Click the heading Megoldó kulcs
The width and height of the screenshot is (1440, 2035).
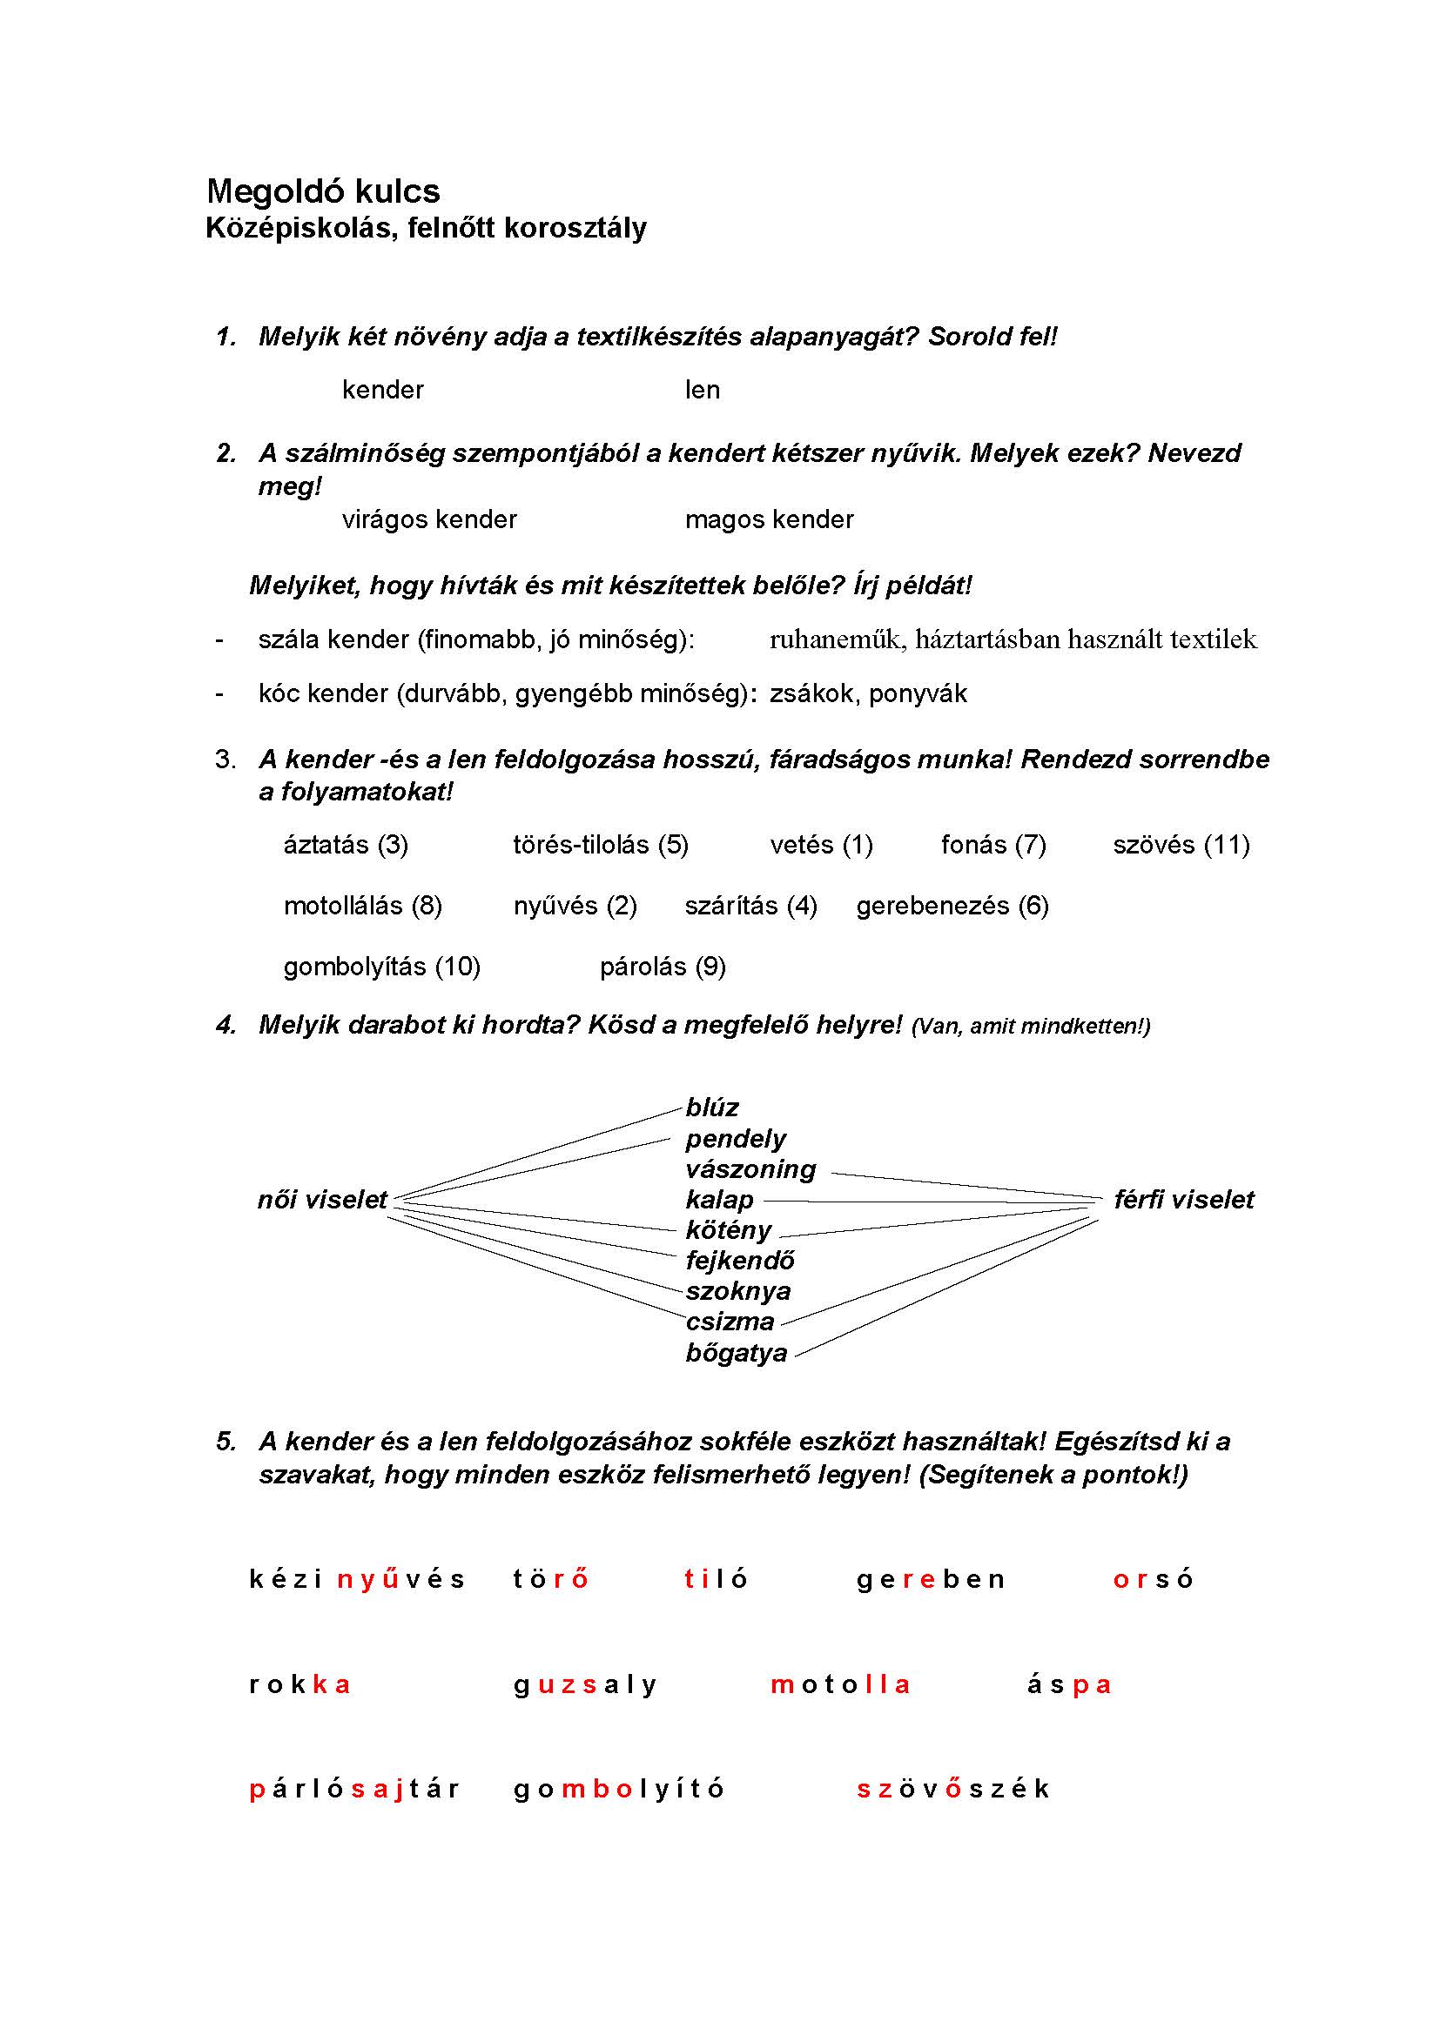323,191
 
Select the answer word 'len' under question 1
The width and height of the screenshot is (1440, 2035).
703,390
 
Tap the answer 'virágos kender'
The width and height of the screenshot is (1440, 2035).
429,519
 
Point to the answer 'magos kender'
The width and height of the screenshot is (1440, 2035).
769,519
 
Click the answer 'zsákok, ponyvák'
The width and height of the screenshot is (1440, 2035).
868,693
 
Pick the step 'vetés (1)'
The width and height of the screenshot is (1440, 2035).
821,845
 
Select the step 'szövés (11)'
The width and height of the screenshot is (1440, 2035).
1181,845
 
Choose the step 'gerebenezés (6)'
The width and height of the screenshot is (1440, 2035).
952,906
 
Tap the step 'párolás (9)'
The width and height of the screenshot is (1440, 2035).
663,967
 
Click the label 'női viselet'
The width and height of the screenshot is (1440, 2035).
322,1200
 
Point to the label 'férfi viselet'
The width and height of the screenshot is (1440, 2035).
1184,1200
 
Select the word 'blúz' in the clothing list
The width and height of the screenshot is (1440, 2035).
712,1108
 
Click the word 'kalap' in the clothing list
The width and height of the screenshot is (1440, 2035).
719,1200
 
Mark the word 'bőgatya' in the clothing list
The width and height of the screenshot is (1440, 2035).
736,1354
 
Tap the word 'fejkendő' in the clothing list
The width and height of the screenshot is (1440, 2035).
739,1261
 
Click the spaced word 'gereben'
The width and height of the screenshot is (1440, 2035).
930,1579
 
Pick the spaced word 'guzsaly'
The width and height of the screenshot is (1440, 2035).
585,1685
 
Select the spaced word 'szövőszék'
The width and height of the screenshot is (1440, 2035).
953,1789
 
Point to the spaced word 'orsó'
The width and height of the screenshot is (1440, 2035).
1153,1579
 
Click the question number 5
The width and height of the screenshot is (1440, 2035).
225,1442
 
